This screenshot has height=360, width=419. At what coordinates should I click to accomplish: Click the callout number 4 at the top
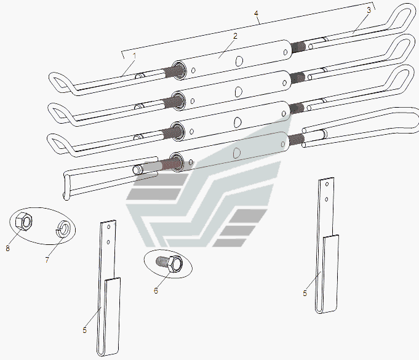[x=257, y=13]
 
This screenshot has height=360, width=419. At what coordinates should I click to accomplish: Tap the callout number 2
[x=235, y=36]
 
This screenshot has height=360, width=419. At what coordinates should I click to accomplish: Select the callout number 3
[x=369, y=10]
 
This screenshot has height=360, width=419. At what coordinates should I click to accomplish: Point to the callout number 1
[x=134, y=56]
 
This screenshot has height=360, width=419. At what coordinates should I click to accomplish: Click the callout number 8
[x=7, y=248]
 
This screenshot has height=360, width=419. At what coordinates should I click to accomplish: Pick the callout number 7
[x=47, y=260]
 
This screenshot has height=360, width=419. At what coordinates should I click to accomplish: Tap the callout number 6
[x=156, y=290]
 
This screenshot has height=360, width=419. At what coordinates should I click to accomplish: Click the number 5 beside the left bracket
[x=85, y=330]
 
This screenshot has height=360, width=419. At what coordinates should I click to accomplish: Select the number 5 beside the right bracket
[x=305, y=293]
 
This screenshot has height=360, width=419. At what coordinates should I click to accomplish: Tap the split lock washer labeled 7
[x=62, y=228]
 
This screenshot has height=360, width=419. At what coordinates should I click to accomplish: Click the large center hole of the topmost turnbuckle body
[x=239, y=61]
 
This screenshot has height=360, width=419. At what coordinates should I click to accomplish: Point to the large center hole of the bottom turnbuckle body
[x=237, y=153]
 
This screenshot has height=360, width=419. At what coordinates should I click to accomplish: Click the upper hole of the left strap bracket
[x=109, y=227]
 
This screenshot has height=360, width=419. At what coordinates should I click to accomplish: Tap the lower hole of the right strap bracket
[x=327, y=199]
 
